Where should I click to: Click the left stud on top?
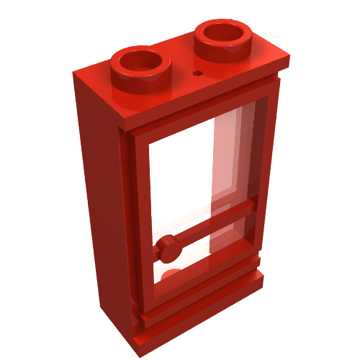pyautogui.click(x=142, y=66)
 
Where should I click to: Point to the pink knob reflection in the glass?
pyautogui.click(x=170, y=274)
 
